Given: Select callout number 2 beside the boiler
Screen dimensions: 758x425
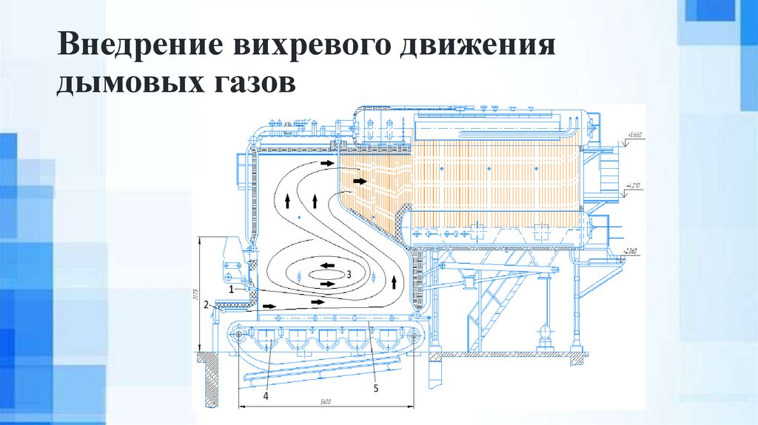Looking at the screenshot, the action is point(209,304).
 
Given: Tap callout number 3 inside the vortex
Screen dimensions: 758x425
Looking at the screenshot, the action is point(349,273).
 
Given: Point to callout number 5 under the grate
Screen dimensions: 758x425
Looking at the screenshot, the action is point(375,387).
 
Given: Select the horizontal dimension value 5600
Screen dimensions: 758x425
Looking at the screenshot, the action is point(326,401).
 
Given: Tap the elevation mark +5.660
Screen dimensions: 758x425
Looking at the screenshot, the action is point(635,135).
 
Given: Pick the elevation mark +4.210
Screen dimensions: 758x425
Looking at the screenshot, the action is point(633,185).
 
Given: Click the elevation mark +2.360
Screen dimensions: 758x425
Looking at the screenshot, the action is point(630,251).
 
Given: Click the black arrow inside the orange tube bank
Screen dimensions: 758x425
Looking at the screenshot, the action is point(360,180).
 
